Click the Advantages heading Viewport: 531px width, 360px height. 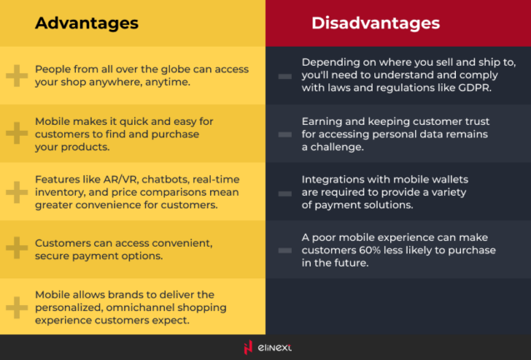point(87,22)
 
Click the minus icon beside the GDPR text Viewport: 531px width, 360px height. point(285,76)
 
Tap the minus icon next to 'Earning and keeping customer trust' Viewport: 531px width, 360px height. point(285,133)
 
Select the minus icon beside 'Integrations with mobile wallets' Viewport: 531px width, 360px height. point(285,192)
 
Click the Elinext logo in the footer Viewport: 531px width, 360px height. point(265,347)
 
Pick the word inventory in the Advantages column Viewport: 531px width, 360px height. point(60,191)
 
